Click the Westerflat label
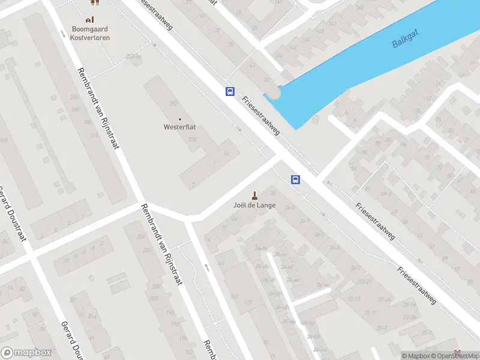coord(179,127)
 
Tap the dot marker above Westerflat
coord(179,119)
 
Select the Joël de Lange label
coord(254,205)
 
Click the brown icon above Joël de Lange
coord(254,195)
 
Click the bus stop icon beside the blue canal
coord(230,91)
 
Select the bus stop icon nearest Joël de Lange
coord(295,179)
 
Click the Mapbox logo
coord(26,353)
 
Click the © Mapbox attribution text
coord(415,356)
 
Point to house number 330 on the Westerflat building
coord(193,139)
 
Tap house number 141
coord(220,263)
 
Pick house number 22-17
coord(370,312)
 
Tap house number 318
coord(94,136)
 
